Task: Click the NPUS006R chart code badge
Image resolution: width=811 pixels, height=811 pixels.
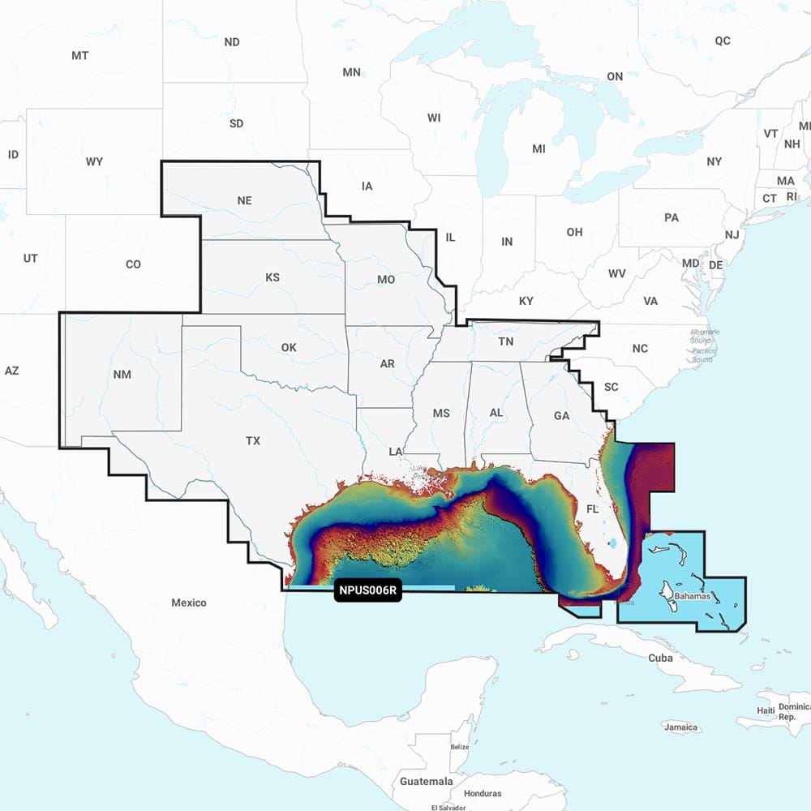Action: click(368, 590)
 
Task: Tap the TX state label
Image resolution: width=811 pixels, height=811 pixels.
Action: click(253, 441)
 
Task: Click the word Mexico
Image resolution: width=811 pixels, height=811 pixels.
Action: click(188, 603)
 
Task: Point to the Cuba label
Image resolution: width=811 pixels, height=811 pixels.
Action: click(660, 658)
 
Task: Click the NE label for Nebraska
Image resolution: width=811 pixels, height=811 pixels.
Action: click(244, 200)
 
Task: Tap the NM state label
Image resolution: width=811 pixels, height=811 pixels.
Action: click(122, 374)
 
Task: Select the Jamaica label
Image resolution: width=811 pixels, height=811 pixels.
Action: click(680, 727)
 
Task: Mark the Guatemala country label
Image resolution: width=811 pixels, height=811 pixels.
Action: click(427, 781)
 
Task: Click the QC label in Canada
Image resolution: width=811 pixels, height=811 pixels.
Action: click(722, 41)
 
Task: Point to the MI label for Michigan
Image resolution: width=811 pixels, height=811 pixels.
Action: click(539, 149)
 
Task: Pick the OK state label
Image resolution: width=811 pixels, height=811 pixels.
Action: click(289, 347)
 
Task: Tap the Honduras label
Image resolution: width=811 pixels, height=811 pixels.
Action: click(483, 793)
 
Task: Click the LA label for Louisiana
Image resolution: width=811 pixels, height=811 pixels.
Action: click(396, 451)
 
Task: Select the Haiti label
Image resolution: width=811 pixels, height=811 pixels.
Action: click(766, 710)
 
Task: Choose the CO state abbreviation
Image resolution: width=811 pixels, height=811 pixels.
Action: click(133, 264)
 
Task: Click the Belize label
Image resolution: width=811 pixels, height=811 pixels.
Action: click(460, 746)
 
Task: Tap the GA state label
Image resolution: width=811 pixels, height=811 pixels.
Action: click(561, 415)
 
